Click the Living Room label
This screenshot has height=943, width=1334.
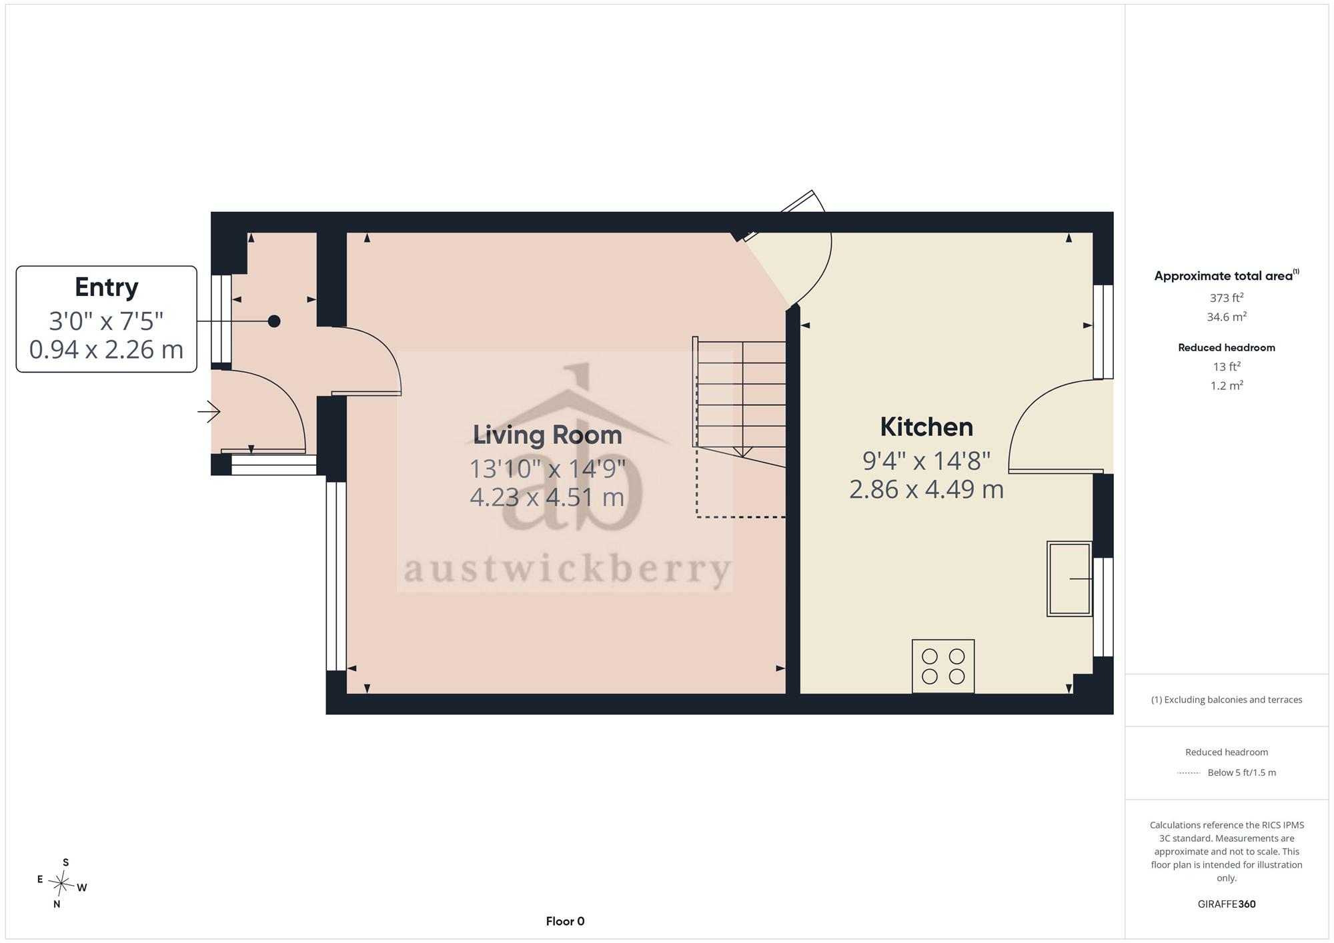[x=548, y=435]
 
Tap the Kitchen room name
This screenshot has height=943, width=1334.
[x=926, y=427]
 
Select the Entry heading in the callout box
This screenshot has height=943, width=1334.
[x=107, y=287]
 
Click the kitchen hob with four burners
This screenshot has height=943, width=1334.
[x=943, y=666]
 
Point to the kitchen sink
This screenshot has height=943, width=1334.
[x=1069, y=578]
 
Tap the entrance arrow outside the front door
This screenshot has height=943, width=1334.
[x=209, y=412]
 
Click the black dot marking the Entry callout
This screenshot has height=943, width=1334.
[x=274, y=321]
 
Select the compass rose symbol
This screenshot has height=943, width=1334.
[x=61, y=884]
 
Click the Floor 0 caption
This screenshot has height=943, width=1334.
[x=565, y=921]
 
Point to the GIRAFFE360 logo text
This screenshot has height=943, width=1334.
[x=1227, y=904]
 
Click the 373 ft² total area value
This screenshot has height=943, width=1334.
[x=1227, y=298]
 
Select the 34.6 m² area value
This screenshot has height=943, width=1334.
[x=1227, y=317]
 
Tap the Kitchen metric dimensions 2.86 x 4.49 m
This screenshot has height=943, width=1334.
[x=926, y=489]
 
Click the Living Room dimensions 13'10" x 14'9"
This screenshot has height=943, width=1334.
[x=548, y=469]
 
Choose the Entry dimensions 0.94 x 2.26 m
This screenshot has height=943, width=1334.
[x=107, y=349]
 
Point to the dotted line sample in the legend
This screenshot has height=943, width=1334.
[x=1189, y=773]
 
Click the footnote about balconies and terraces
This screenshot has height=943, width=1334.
[x=1227, y=700]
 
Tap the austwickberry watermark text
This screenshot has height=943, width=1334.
[x=568, y=570]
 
